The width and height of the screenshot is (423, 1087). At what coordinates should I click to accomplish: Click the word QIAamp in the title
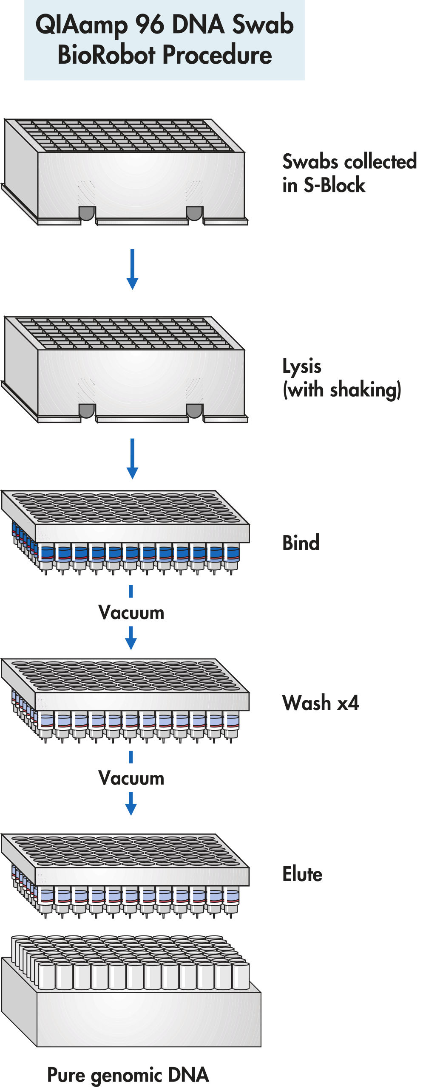pos(81,25)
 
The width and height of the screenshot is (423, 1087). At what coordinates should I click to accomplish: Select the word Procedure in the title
pos(217,55)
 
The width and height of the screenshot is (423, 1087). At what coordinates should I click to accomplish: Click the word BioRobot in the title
pos(107,55)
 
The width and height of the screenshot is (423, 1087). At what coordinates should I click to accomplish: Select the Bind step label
pos(301,543)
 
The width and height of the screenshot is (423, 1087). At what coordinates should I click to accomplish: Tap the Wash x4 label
pos(320,703)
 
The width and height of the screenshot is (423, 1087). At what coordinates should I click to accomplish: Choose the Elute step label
pos(302,874)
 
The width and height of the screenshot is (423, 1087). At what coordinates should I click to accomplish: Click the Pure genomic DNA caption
pos(128,1075)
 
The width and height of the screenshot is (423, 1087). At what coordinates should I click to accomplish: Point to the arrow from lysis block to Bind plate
pos(132,459)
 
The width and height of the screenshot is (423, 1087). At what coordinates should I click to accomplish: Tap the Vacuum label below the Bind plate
pos(131,613)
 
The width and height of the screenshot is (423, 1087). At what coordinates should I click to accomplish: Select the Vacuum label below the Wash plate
pos(131,778)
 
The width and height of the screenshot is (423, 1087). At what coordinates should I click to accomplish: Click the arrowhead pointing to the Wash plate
pos(131,643)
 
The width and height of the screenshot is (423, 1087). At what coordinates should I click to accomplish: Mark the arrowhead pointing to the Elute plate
pos(131,809)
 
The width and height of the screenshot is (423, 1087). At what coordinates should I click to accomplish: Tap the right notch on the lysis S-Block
pos(194,411)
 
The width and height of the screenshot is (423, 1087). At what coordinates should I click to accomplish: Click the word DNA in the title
pos(198,24)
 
